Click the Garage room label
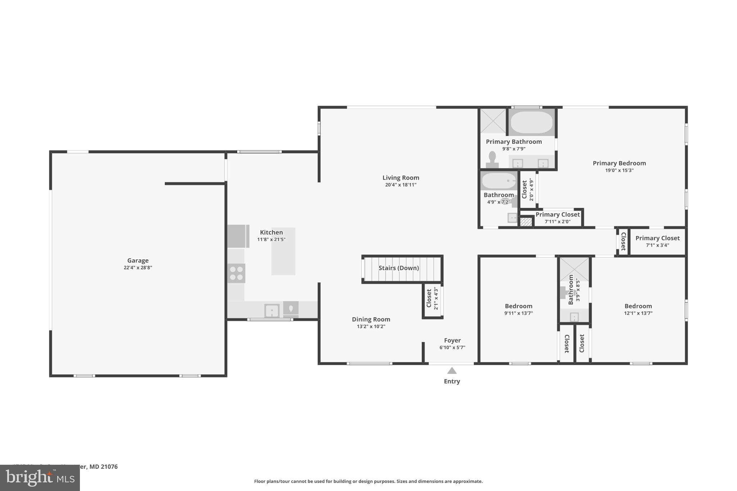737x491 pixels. pyautogui.click(x=138, y=260)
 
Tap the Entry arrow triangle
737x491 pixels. pyautogui.click(x=452, y=370)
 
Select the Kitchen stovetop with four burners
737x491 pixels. pyautogui.click(x=236, y=273)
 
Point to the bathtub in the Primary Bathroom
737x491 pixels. pyautogui.click(x=532, y=122)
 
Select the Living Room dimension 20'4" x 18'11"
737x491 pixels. pyautogui.click(x=401, y=185)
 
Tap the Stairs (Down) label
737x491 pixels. pyautogui.click(x=398, y=268)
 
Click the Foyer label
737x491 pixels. pyautogui.click(x=452, y=340)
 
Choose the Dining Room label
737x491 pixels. pyautogui.click(x=371, y=319)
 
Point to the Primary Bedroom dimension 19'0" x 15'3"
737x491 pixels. pyautogui.click(x=619, y=171)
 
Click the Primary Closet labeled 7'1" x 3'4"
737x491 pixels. pyautogui.click(x=657, y=241)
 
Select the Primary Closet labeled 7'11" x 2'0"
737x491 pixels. pyautogui.click(x=557, y=218)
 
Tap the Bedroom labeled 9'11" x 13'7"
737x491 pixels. pyautogui.click(x=518, y=309)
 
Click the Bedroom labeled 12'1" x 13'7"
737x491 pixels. pyautogui.click(x=638, y=309)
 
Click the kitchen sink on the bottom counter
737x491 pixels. pyautogui.click(x=272, y=310)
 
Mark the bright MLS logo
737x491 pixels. pyautogui.click(x=40, y=478)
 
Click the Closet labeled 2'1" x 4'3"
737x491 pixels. pyautogui.click(x=432, y=299)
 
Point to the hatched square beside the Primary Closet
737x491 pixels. pyautogui.click(x=526, y=222)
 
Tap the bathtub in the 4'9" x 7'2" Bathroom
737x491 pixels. pyautogui.click(x=498, y=181)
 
